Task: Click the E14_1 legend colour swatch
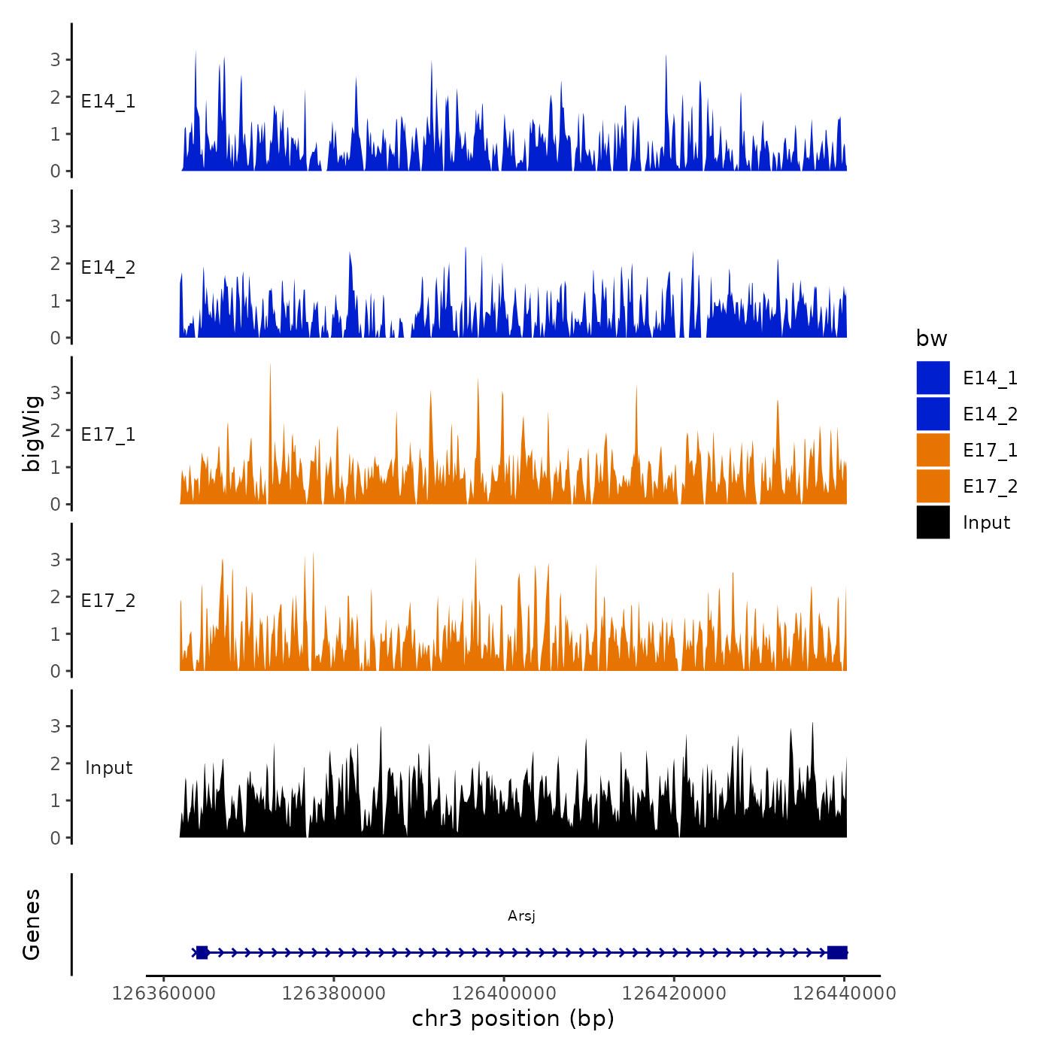coord(933,378)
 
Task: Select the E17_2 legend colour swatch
coord(933,486)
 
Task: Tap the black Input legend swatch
coord(933,522)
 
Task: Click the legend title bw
coord(931,338)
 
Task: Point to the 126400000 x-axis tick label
coord(504,994)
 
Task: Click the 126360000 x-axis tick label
coord(164,994)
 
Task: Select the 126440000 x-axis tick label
coord(845,994)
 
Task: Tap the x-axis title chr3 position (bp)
coord(513,1018)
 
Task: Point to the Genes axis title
coord(32,924)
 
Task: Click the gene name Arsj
coord(521,915)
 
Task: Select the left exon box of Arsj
coord(202,953)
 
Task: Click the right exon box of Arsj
coord(837,953)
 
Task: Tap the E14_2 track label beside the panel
coord(108,268)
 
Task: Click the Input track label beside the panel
coord(108,768)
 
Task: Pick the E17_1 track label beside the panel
coord(108,435)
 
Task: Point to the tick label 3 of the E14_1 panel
coord(55,60)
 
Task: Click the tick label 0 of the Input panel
coord(55,838)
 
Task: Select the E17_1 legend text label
coord(990,451)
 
